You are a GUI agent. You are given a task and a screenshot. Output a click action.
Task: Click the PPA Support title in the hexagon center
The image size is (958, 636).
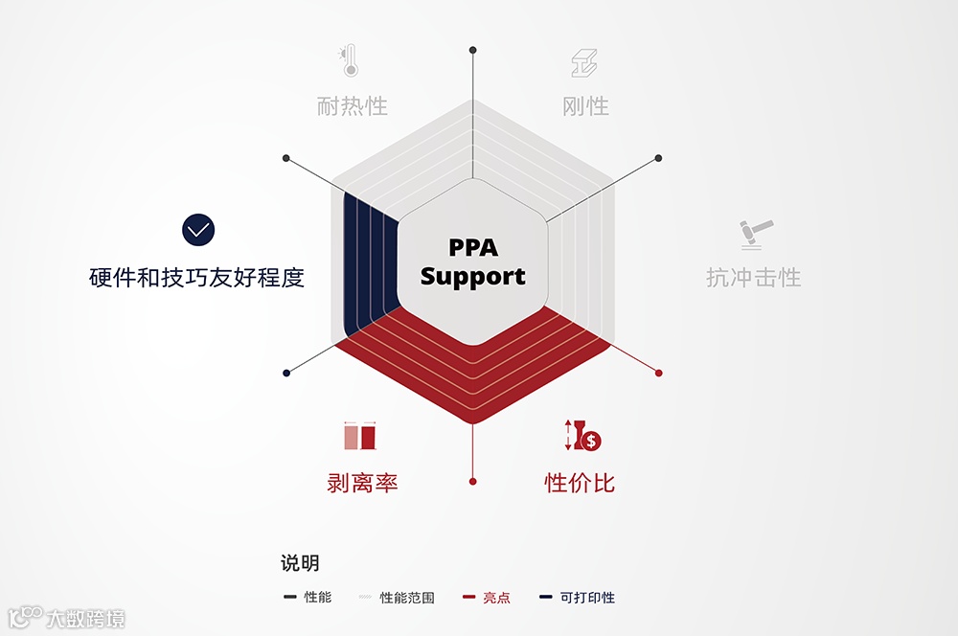click(472, 262)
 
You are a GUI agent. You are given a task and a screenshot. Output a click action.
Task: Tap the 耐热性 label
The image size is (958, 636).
click(352, 105)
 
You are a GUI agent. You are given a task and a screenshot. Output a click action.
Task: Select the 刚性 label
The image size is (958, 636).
click(585, 105)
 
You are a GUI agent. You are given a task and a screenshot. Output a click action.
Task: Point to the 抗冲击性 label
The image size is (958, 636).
click(753, 278)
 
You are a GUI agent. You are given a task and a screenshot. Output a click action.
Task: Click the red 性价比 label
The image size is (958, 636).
click(580, 483)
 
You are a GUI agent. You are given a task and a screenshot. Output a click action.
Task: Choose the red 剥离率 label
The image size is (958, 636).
click(362, 483)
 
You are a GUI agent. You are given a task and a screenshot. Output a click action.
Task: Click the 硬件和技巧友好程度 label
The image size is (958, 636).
click(196, 278)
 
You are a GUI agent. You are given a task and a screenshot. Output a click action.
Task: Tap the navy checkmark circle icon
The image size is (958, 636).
click(198, 230)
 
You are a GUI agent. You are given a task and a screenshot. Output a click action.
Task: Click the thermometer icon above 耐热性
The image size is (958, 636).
click(348, 61)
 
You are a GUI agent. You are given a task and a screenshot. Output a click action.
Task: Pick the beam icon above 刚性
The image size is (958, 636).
click(583, 63)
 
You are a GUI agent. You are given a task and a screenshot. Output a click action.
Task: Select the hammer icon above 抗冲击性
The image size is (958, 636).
click(755, 233)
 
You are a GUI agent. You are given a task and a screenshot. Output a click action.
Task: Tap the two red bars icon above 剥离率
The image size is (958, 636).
click(360, 437)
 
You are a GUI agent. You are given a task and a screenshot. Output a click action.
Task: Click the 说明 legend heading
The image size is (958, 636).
click(300, 563)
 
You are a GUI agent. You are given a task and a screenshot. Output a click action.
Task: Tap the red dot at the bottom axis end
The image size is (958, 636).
click(472, 481)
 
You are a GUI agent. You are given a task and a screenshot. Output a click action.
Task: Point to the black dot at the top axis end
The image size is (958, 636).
click(472, 49)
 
